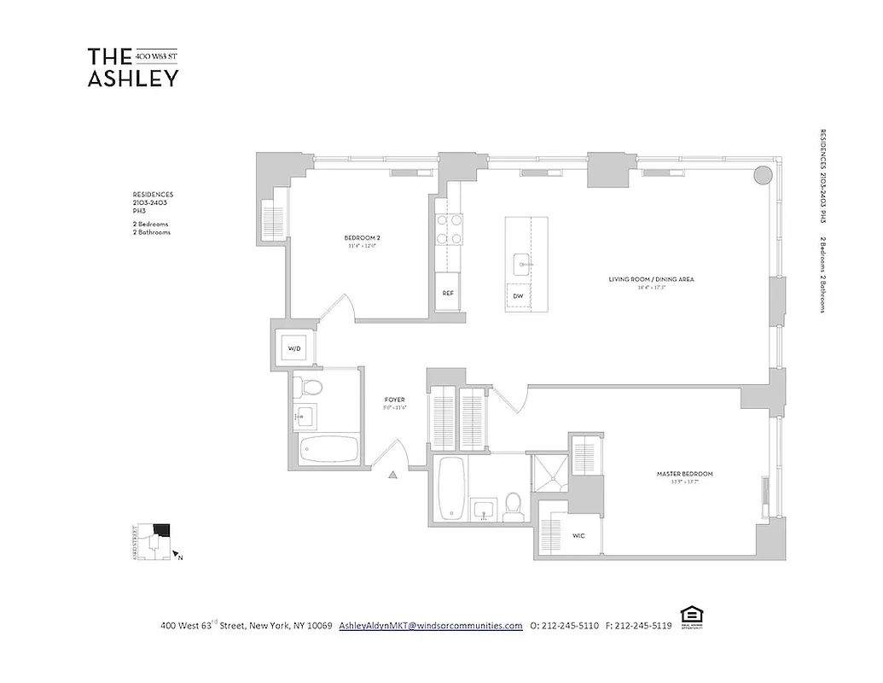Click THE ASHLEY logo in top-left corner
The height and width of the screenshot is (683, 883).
pos(133,67)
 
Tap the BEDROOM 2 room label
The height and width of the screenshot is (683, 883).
pos(362,238)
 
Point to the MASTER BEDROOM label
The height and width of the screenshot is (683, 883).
pos(684,474)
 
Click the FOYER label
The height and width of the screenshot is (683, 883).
pos(395,400)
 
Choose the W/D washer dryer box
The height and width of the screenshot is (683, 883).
pos(294,348)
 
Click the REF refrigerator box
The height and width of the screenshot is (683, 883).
pos(448,293)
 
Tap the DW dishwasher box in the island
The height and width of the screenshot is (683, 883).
pos(518,296)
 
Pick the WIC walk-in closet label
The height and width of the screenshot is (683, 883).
pos(578,536)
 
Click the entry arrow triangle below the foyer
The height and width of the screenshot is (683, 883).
pos(393,475)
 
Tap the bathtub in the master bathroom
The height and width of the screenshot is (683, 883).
pos(450,487)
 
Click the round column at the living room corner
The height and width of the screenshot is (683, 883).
pos(764,175)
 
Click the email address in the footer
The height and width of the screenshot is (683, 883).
pos(431,625)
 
